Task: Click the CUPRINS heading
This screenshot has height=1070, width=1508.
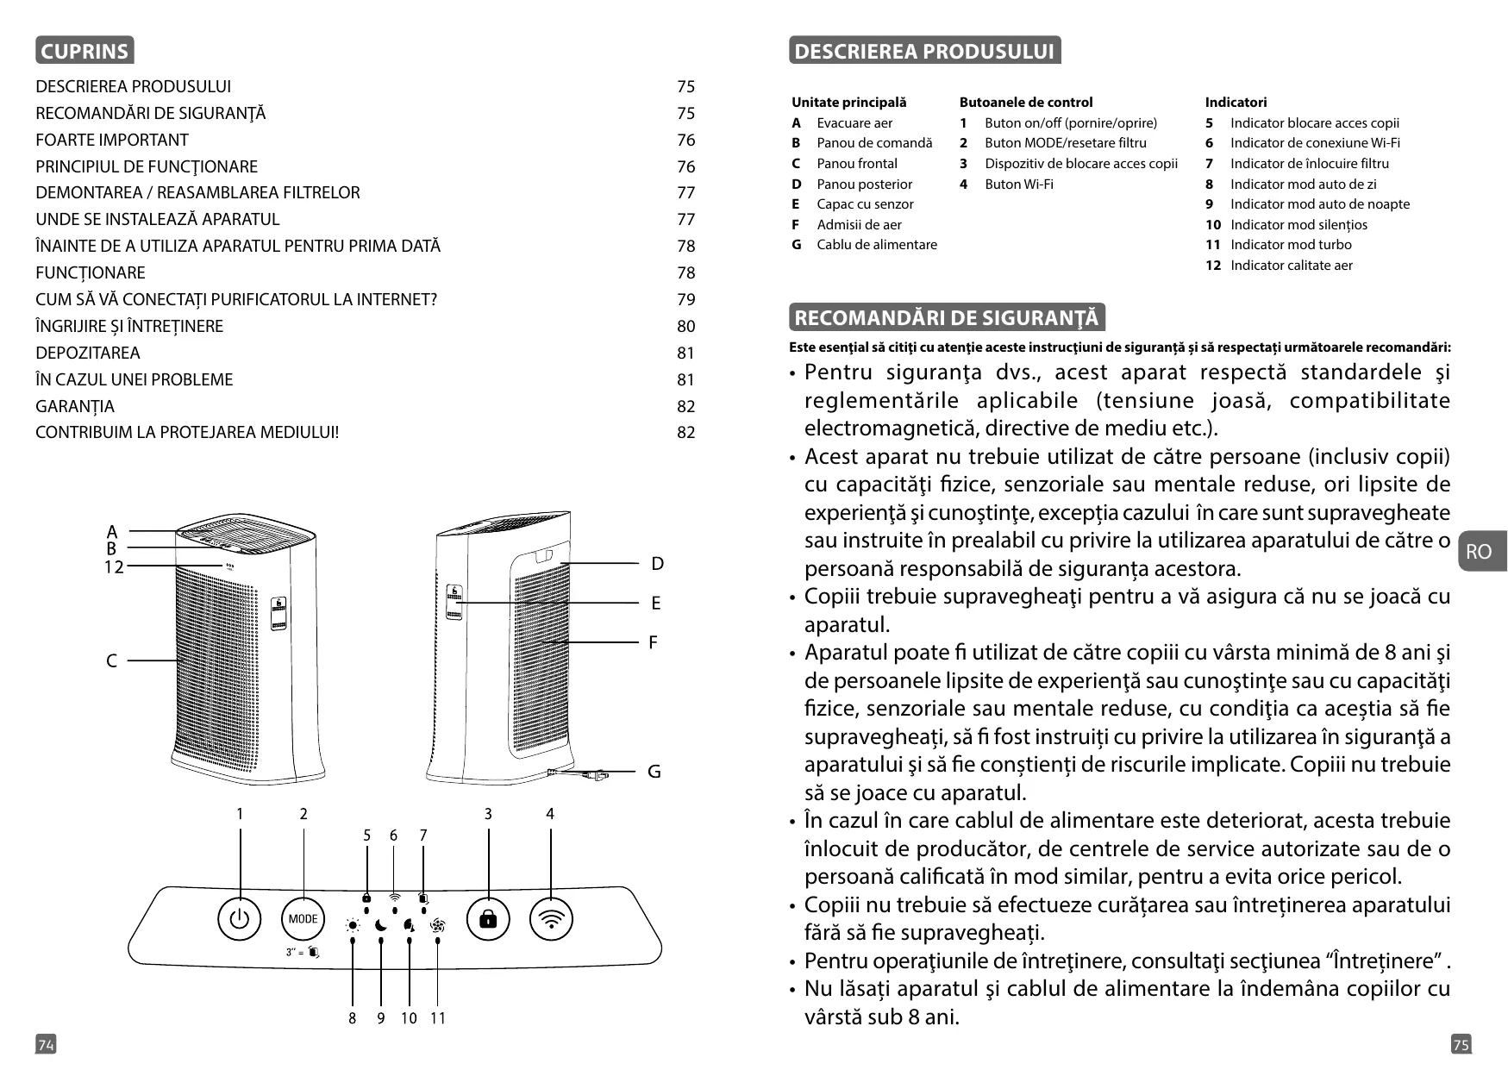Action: [x=84, y=51]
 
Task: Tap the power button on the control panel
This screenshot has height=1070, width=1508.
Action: [x=239, y=920]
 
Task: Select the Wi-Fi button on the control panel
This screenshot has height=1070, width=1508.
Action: [x=551, y=920]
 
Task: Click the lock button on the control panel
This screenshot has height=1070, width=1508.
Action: [x=488, y=920]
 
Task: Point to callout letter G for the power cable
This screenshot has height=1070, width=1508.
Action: [x=654, y=772]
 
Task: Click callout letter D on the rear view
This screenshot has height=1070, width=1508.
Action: [x=657, y=564]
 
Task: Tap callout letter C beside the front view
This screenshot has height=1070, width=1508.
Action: [x=111, y=661]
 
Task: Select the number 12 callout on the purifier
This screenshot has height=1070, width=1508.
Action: [x=114, y=567]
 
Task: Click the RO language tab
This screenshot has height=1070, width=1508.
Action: [x=1479, y=552]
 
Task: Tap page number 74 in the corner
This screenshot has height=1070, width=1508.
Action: [x=46, y=1045]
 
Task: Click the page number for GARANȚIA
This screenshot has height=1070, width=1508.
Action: [x=685, y=406]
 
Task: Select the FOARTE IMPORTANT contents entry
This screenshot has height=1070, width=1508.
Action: [x=112, y=140]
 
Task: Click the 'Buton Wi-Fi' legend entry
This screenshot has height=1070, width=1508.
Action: [x=1018, y=184]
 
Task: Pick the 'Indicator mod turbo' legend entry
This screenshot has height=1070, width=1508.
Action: [x=1290, y=245]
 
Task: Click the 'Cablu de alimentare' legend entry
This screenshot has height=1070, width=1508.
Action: [x=876, y=245]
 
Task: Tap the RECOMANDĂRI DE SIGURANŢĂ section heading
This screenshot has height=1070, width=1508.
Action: [x=946, y=318]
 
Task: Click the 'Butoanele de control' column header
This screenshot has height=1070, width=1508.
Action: [x=1025, y=102]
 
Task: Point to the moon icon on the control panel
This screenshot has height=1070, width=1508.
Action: [x=381, y=926]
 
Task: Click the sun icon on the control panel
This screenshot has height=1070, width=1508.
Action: [x=352, y=926]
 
